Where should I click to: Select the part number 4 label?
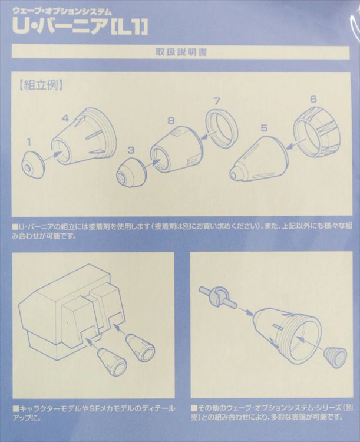point(65,118)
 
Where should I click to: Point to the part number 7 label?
point(216,101)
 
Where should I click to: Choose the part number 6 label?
point(313,99)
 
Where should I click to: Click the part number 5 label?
point(264,127)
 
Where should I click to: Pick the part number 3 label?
point(131,151)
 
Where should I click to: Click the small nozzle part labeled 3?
point(131,173)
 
